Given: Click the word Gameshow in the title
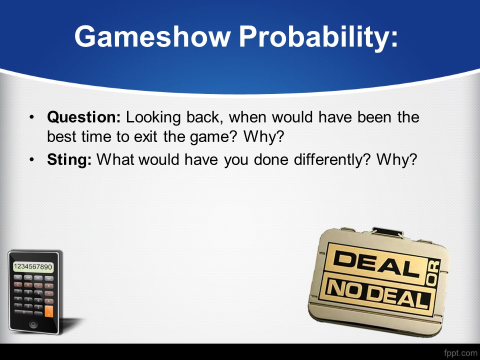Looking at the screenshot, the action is tap(152, 37).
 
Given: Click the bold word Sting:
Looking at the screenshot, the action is tap(69, 160).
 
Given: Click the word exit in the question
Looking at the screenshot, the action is tap(145, 137).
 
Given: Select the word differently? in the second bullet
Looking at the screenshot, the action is tap(332, 160).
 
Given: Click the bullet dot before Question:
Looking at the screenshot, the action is tap(32, 117).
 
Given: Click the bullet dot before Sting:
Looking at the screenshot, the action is tap(32, 159).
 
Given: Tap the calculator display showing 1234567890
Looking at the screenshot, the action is tap(33, 267).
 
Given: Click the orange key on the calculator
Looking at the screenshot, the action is tap(48, 311).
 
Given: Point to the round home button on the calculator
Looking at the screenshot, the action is tap(33, 324).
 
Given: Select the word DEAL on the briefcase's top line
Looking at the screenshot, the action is tap(376, 263).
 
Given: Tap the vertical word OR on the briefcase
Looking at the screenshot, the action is tap(433, 273).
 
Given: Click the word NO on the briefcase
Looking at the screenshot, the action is tap(344, 289).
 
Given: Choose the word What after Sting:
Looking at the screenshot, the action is tap(115, 159).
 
